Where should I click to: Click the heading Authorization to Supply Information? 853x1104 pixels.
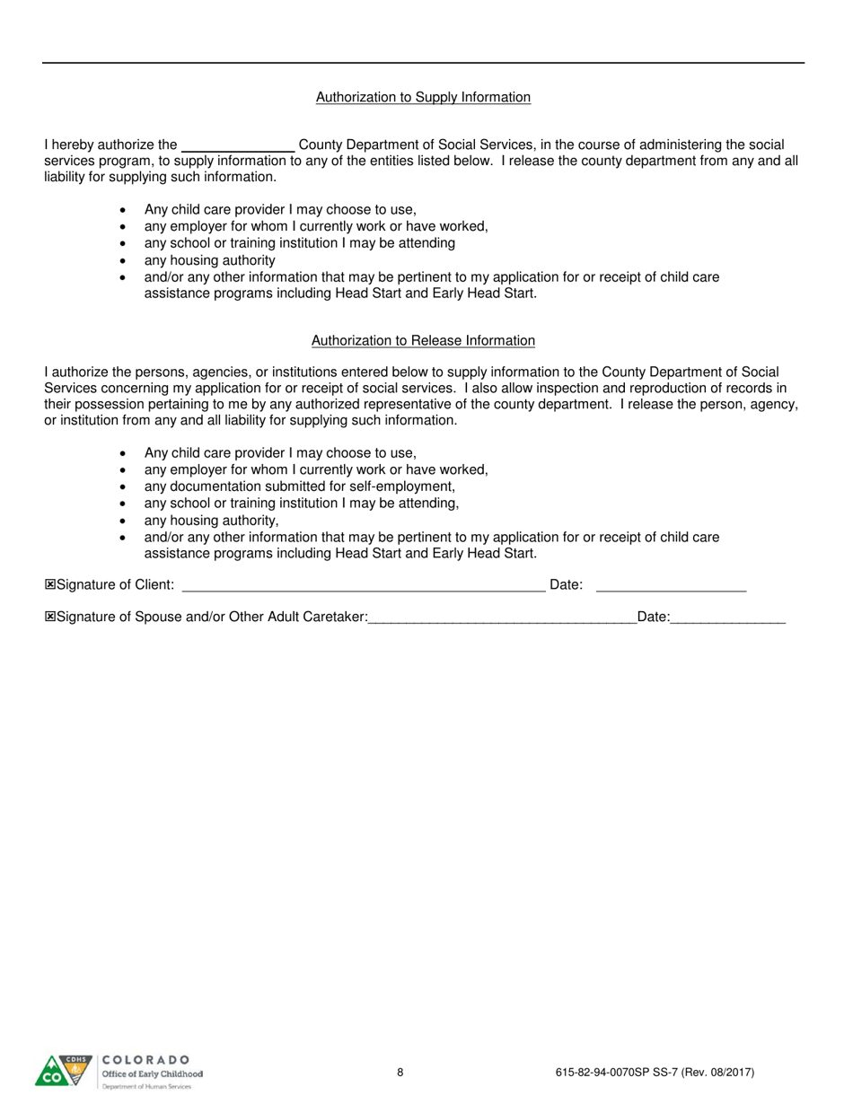423,97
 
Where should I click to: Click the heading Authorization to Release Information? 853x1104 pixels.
423,341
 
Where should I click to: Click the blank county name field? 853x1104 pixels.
238,145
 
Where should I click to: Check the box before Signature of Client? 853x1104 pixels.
50,585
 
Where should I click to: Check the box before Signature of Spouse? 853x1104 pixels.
50,617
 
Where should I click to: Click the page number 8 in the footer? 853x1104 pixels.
400,1072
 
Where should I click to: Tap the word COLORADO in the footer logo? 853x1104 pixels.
146,1060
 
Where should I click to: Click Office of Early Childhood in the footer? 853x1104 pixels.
152,1073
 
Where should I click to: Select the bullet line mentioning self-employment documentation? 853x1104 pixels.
300,486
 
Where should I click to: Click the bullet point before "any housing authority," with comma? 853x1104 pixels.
123,521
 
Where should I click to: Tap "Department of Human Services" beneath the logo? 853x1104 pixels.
146,1086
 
